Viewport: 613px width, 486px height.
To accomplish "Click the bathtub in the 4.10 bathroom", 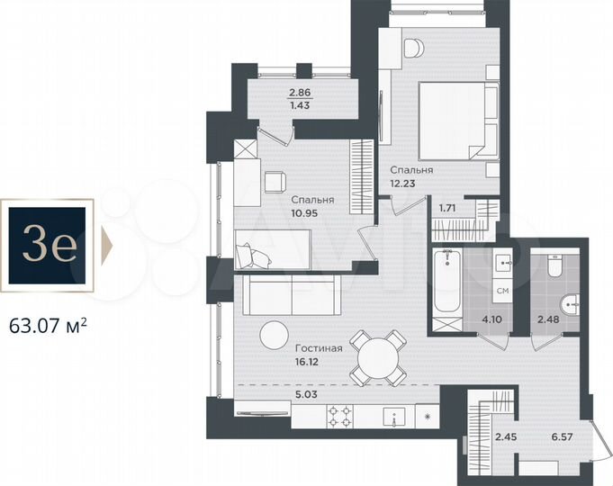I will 446,282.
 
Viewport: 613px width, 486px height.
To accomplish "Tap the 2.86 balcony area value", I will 295,93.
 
